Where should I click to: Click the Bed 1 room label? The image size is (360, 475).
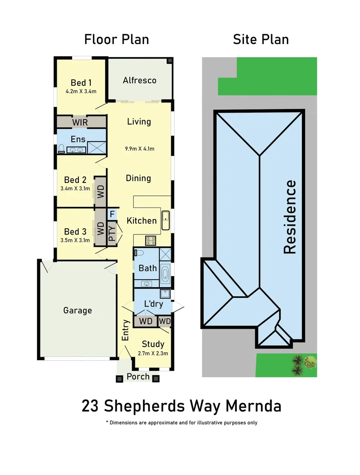point(81,83)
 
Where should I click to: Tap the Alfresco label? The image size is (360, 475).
point(140,80)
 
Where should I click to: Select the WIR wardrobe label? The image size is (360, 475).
point(80,122)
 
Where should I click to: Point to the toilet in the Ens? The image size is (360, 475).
point(62,149)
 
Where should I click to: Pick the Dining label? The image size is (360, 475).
point(138,178)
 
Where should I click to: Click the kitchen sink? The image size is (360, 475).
point(165,220)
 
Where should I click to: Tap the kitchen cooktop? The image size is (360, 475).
point(151,241)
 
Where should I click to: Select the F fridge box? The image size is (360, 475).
point(112,214)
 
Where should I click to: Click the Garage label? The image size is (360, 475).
point(77,311)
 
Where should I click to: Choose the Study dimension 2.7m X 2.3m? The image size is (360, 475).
point(153,353)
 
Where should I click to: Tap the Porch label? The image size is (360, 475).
point(138,377)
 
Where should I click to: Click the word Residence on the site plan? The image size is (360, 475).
point(290,217)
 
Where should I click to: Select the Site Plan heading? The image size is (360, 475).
point(261,40)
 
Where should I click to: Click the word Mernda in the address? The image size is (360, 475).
point(253,406)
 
